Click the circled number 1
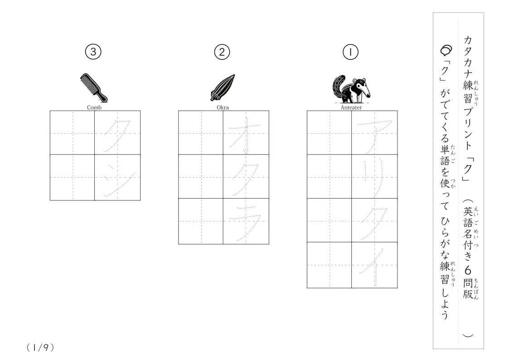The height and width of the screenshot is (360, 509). (350, 52)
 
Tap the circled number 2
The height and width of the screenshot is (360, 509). (222, 52)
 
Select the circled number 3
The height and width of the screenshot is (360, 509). (93, 52)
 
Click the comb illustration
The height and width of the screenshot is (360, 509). (93, 88)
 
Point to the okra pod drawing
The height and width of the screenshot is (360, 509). (223, 88)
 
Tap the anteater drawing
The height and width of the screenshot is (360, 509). (351, 89)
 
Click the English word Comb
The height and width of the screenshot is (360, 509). (94, 107)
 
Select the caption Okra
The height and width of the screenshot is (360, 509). (223, 107)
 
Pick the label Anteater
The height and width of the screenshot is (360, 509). (351, 107)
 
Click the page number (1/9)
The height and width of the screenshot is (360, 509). (40, 347)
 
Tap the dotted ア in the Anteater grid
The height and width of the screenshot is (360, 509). (374, 136)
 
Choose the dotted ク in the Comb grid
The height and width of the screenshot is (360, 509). (117, 136)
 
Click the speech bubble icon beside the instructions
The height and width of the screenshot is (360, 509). (446, 50)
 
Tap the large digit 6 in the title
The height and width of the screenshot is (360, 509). (468, 270)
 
